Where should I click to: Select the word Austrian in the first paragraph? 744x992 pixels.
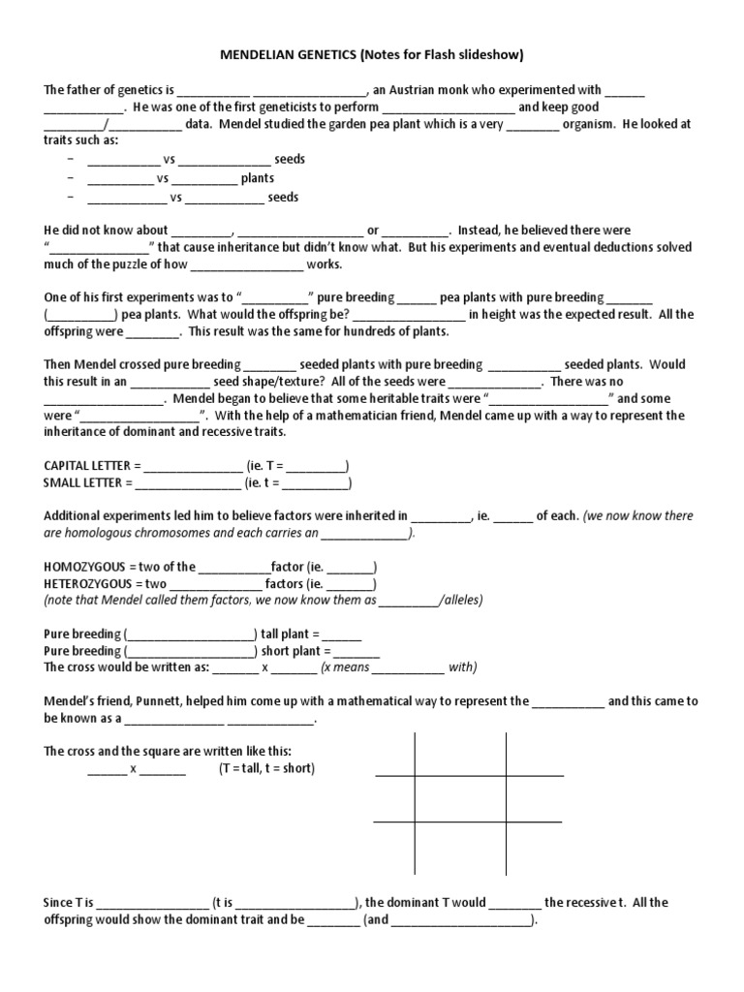416,90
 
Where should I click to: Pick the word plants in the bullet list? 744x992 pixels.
258,178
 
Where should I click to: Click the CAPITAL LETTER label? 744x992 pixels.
85,465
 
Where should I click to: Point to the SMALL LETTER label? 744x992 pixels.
80,482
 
